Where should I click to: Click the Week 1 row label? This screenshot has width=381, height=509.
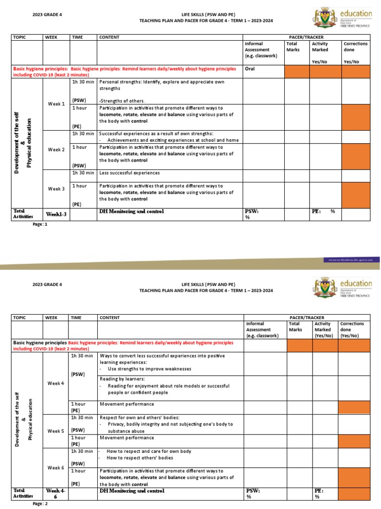point(56,104)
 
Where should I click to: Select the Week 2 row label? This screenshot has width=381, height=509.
point(56,150)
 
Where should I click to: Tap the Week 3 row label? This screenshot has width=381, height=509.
point(56,189)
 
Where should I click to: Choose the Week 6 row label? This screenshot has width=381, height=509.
point(56,468)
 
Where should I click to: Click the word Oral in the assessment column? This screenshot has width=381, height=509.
point(250,69)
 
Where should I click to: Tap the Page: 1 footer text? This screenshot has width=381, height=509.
point(40,224)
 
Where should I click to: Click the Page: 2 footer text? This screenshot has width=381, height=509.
point(40,504)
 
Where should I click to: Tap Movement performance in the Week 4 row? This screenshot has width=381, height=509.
point(127,404)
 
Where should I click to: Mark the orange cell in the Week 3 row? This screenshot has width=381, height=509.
point(355,195)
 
